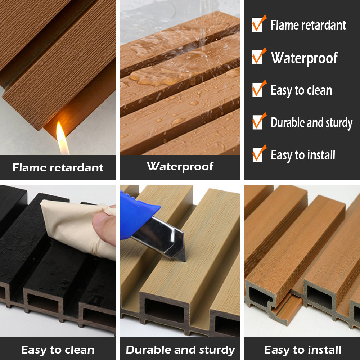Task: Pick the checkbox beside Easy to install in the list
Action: coord(257,155)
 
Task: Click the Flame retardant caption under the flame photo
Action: coord(58,167)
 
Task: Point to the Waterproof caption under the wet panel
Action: coord(180,166)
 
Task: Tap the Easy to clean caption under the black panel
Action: coord(58,350)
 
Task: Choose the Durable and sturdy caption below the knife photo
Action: coord(180,350)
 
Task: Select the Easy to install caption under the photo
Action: coord(302,350)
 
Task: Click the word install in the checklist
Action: coord(319,155)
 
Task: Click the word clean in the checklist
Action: coord(317,90)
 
